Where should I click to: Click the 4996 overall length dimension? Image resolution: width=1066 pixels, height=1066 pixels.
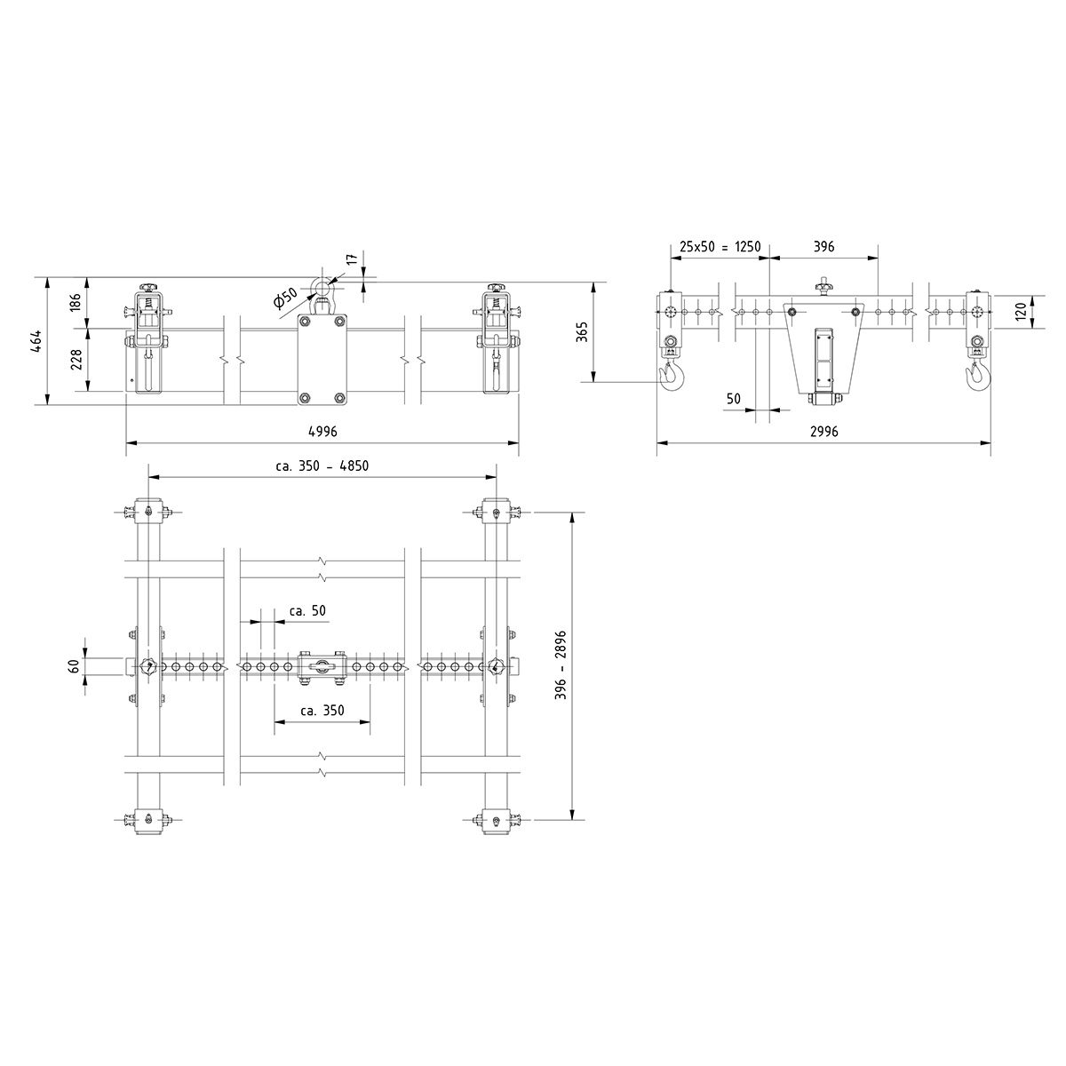(x=322, y=431)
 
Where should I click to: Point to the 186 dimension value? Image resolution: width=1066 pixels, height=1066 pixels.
(x=76, y=302)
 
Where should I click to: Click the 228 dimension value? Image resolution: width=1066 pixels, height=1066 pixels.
(x=76, y=359)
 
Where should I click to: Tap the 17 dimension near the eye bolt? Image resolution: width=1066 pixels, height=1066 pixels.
(x=352, y=259)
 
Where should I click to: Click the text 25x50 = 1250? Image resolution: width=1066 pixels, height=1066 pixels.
(x=720, y=246)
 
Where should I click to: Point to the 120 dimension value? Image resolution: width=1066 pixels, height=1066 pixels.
(x=1021, y=311)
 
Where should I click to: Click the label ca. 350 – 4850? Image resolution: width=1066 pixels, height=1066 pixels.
(x=322, y=465)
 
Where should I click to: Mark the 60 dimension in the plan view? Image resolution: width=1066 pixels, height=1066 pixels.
(x=76, y=665)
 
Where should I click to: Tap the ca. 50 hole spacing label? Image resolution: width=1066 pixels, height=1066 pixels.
(x=307, y=611)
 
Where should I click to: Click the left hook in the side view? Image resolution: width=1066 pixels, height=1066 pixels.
(x=672, y=375)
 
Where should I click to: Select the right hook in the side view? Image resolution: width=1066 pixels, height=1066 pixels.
(x=977, y=375)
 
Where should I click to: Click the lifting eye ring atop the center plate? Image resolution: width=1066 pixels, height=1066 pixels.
(x=320, y=287)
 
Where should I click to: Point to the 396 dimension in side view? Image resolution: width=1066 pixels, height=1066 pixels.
(x=823, y=246)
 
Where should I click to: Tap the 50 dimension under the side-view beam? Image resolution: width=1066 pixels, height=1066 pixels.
(x=733, y=399)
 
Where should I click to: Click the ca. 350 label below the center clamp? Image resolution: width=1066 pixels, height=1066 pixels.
(x=322, y=711)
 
